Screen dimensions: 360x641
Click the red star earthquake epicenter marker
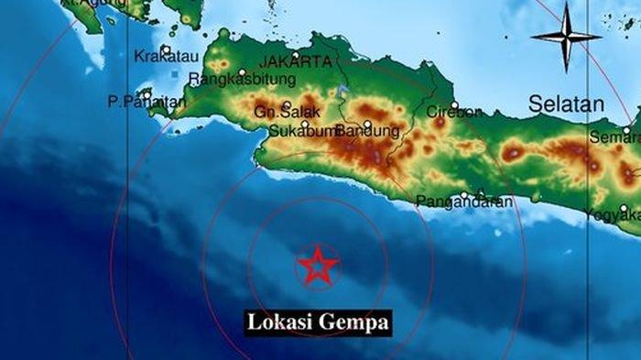click(318, 266)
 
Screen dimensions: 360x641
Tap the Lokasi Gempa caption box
click(318, 322)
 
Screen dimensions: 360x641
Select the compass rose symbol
click(566, 37)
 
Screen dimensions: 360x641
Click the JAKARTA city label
click(295, 61)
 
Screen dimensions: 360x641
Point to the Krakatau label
click(160, 57)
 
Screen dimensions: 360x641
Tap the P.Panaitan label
click(141, 103)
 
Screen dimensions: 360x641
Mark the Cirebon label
click(454, 112)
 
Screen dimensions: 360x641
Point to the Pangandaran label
click(464, 202)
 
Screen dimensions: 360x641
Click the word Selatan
click(566, 104)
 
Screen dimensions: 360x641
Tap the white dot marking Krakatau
click(166, 49)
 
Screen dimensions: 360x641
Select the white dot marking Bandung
click(367, 124)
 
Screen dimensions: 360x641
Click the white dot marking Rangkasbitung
click(243, 72)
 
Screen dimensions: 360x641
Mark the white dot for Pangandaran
click(464, 193)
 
